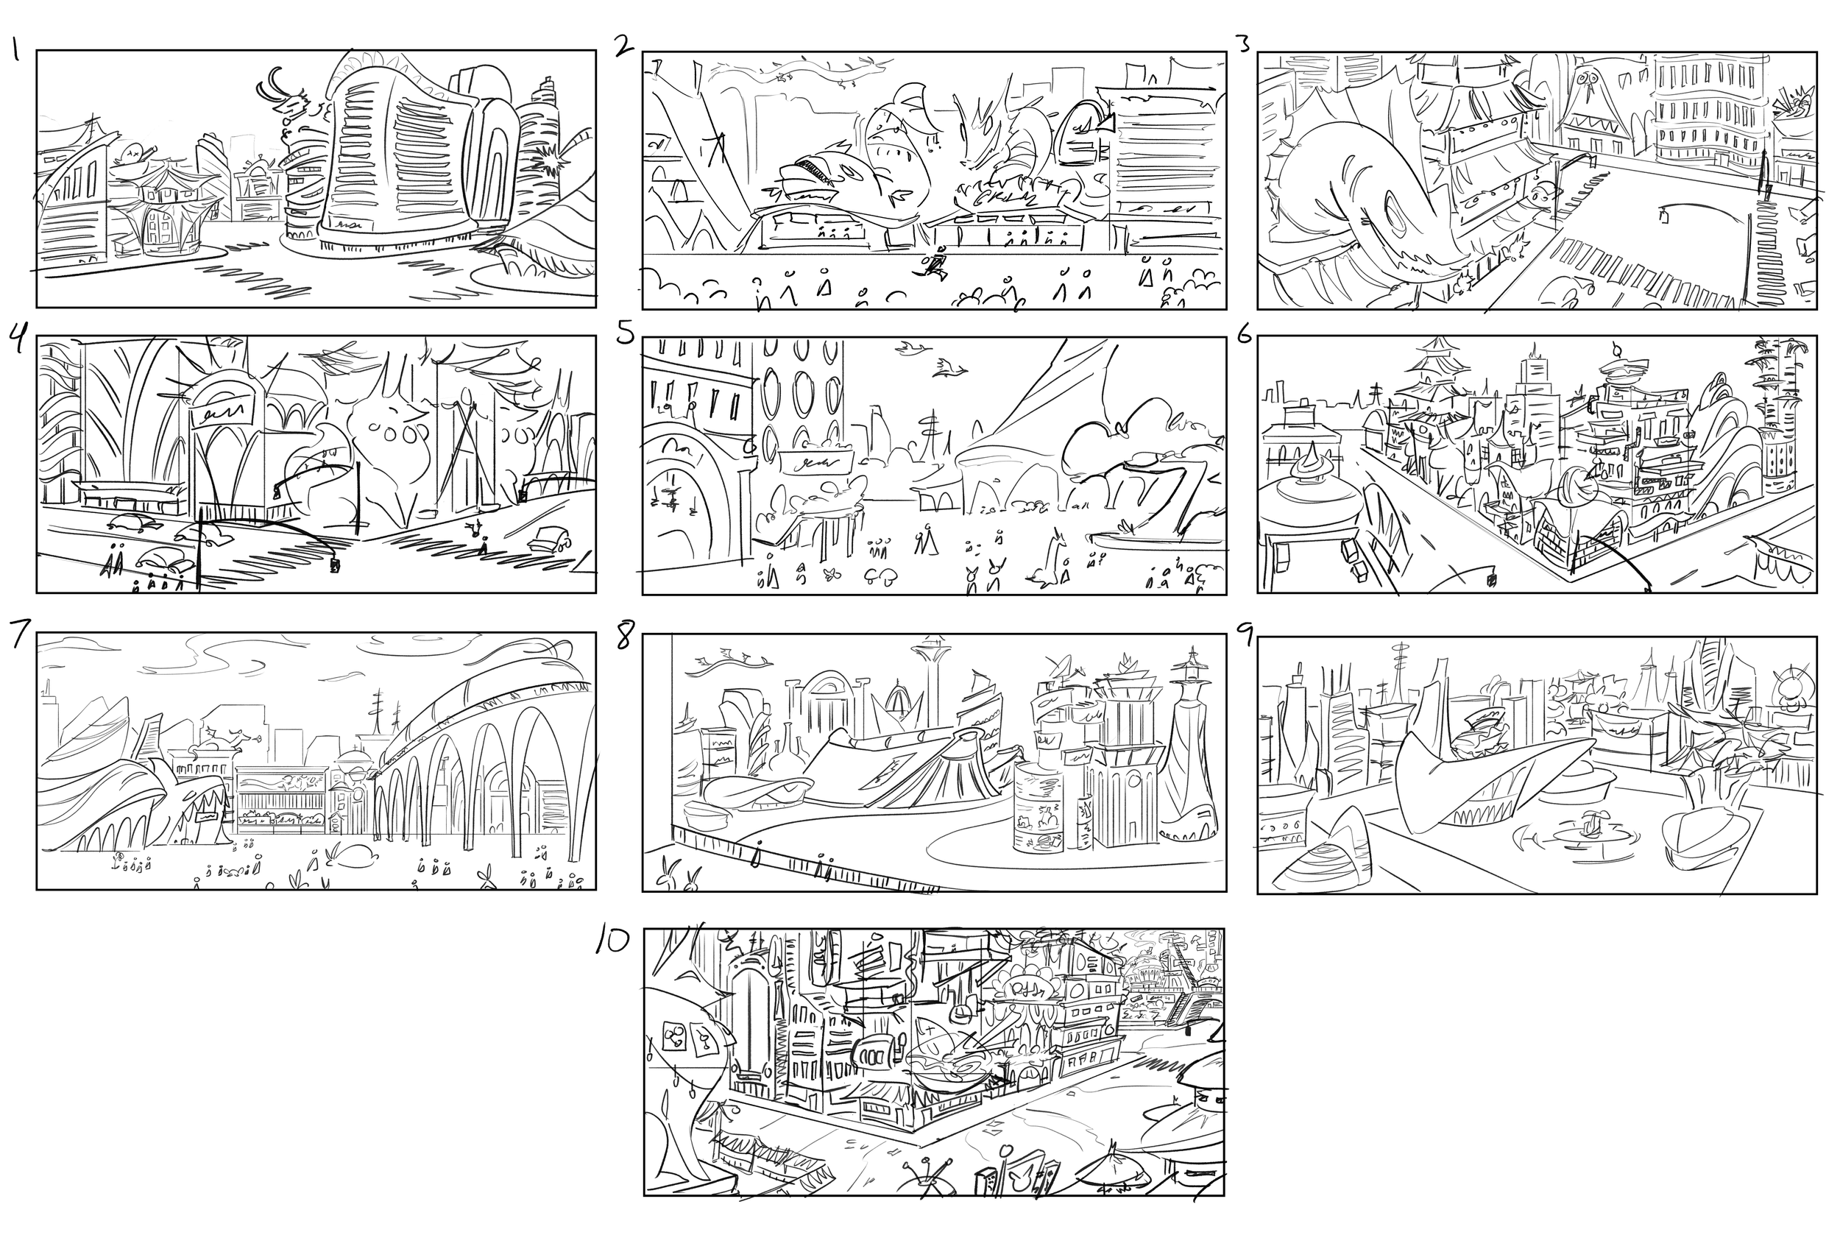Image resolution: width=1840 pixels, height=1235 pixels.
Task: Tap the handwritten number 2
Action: (x=624, y=46)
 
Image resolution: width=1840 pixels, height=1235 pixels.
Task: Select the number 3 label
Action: (x=1245, y=44)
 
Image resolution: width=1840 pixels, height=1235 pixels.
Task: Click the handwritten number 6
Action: (x=1245, y=334)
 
